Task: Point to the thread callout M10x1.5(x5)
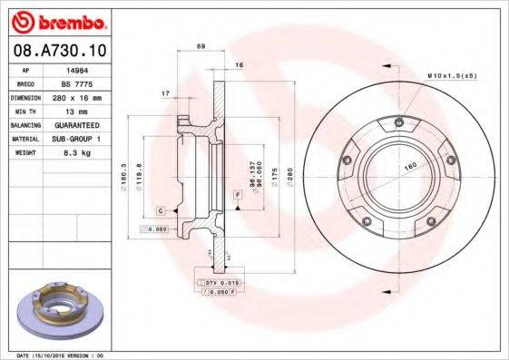click(x=451, y=75)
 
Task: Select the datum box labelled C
click(x=160, y=210)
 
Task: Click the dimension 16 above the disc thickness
click(x=239, y=65)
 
